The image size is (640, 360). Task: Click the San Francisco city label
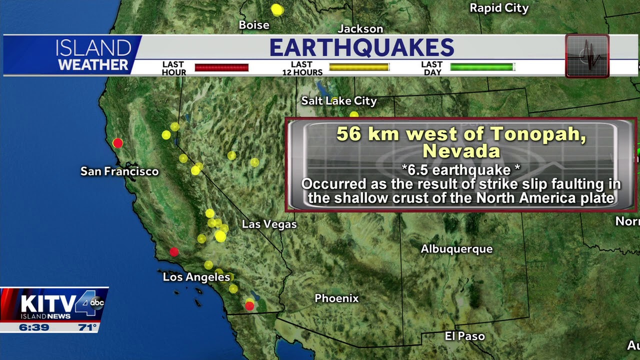[119, 171]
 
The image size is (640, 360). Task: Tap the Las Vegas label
[269, 224]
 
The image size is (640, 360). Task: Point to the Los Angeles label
[196, 277]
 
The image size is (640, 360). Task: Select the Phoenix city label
[336, 298]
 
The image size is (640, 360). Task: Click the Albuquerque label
[456, 249]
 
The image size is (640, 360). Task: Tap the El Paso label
[464, 336]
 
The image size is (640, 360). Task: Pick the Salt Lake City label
[338, 101]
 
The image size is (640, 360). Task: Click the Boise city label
[254, 25]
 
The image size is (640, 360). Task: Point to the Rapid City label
[499, 8]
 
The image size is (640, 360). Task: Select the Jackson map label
[360, 29]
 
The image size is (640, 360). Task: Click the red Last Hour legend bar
[221, 67]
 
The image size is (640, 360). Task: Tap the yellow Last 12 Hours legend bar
[358, 67]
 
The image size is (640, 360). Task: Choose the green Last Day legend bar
[481, 67]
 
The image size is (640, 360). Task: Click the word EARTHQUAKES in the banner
[361, 48]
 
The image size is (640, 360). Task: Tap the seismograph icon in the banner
[587, 55]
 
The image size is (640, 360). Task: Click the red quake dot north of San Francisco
[117, 143]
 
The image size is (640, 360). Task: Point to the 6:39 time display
[33, 327]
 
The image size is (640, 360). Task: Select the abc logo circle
[97, 302]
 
